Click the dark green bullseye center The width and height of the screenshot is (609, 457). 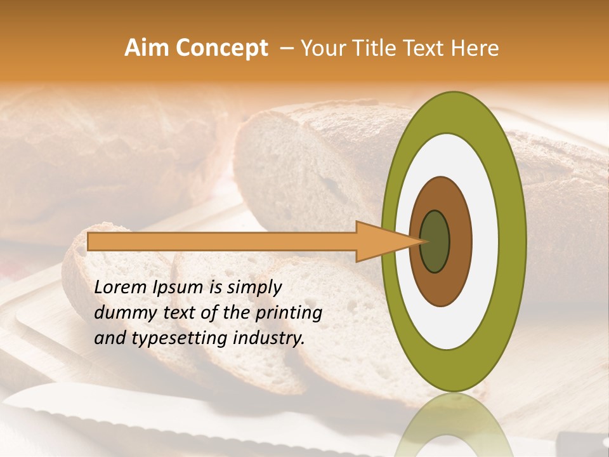click(435, 242)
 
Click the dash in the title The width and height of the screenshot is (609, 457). click(286, 48)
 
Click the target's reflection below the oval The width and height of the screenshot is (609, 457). click(454, 425)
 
